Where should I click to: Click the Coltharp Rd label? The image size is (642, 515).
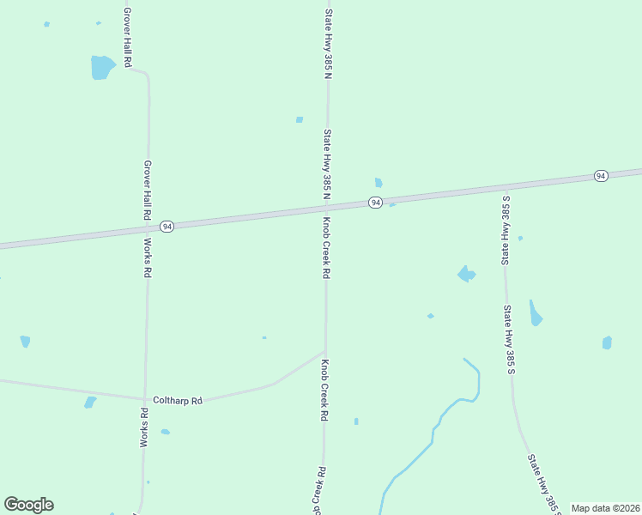[177, 401]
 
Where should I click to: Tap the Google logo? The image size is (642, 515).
[28, 505]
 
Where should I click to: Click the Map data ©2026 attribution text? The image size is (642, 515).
[605, 508]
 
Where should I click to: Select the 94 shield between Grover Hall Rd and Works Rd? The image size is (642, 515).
[167, 227]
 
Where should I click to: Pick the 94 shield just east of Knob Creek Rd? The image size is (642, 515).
[375, 203]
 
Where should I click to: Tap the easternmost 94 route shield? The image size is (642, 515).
[600, 176]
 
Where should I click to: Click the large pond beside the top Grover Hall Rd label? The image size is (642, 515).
[102, 67]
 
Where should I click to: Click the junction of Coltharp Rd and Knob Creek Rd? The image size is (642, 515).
[324, 351]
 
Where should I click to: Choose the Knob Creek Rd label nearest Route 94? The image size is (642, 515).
[326, 247]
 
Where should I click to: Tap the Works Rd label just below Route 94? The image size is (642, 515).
[148, 257]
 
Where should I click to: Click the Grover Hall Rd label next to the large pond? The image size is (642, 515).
[126, 39]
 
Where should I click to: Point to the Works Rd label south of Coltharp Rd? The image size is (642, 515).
[144, 427]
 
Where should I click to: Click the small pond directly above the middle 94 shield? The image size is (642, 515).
[378, 182]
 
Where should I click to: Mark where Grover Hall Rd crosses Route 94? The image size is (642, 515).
[148, 229]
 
